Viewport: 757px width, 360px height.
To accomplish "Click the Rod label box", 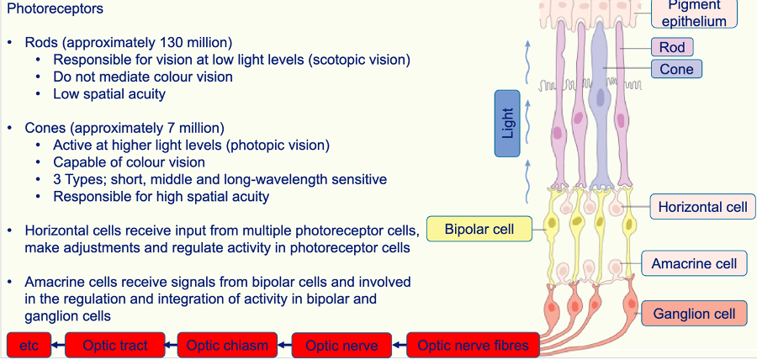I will pyautogui.click(x=671, y=47).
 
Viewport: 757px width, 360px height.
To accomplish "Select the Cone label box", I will pyautogui.click(x=675, y=69).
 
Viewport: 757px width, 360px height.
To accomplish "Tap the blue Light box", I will pyautogui.click(x=507, y=124).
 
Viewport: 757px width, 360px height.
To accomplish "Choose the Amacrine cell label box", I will pyautogui.click(x=694, y=263).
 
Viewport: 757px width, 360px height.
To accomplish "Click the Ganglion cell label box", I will pyautogui.click(x=694, y=314).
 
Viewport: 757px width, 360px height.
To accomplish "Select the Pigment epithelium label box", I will pyautogui.click(x=695, y=13).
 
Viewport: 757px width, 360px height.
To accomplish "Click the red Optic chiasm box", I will pyautogui.click(x=227, y=345).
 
